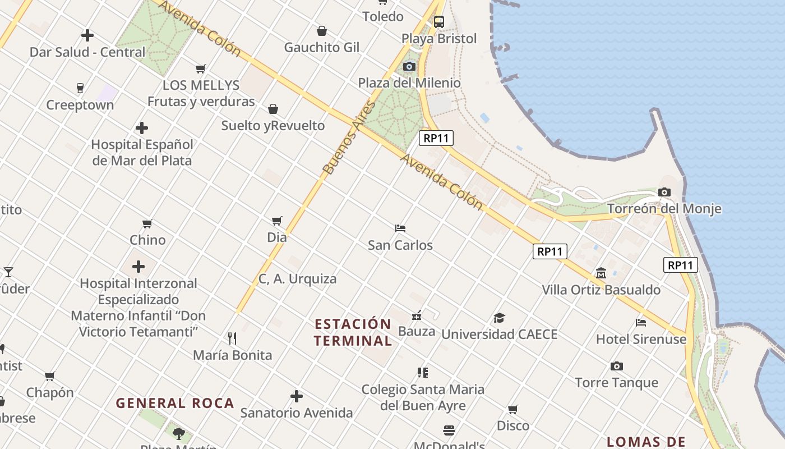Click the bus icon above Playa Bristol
point(439,22)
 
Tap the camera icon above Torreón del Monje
point(664,193)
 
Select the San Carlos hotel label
point(400,245)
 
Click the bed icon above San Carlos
point(400,228)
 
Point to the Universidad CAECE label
point(499,335)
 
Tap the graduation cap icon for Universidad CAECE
point(499,318)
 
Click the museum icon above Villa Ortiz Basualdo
point(601,273)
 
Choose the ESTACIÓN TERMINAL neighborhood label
point(353,332)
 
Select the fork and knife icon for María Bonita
point(232,338)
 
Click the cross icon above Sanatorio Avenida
point(297,396)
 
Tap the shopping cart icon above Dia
point(276,221)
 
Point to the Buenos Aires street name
point(349,138)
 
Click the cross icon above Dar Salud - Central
point(87,35)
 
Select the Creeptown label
point(80,105)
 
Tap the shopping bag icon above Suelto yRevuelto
point(273,109)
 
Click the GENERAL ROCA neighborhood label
point(175,403)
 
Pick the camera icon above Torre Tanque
point(617,366)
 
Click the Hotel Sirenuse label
point(641,339)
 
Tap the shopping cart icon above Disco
point(513,409)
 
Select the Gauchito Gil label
point(322,47)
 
